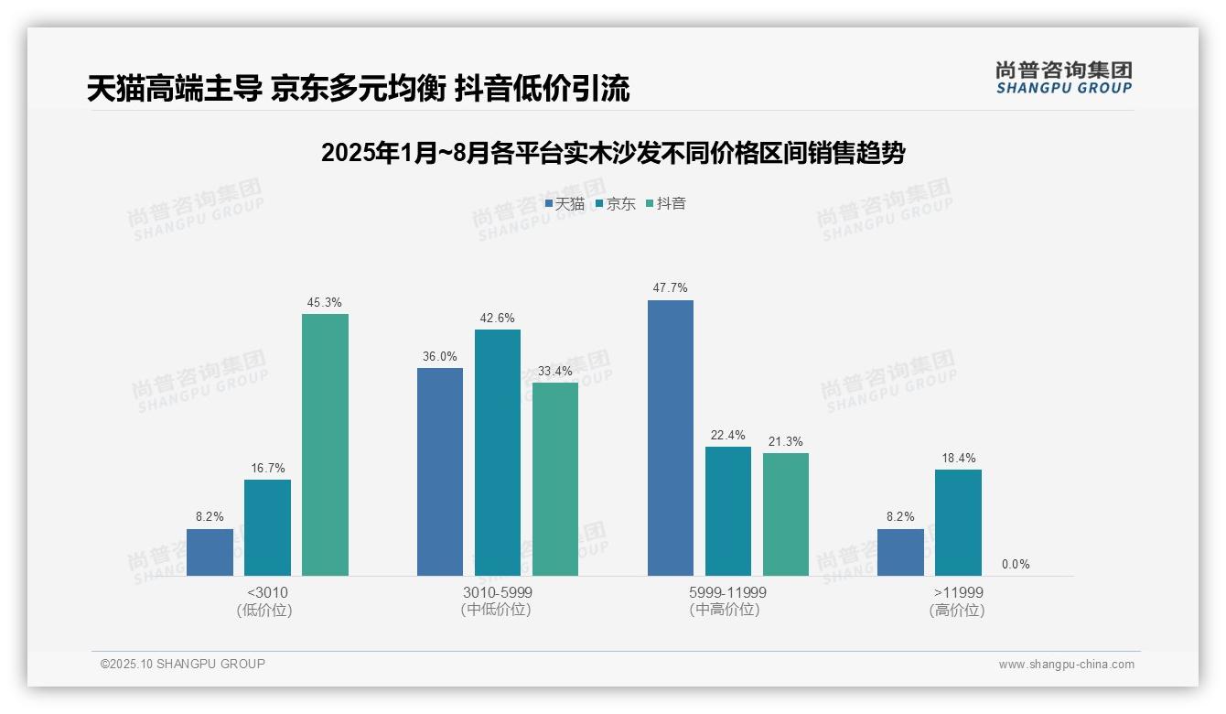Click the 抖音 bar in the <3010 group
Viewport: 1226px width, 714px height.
tap(325, 445)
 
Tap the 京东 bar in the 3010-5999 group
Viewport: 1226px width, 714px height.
tap(497, 452)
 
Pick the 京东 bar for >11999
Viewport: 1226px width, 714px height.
tap(958, 523)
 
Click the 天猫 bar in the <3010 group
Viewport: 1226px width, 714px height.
tap(210, 552)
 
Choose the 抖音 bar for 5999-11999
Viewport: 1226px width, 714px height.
tap(785, 514)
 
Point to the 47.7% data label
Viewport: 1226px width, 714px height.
tap(670, 287)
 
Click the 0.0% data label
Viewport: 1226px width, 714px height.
tap(1015, 564)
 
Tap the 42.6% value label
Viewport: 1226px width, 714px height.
tap(497, 318)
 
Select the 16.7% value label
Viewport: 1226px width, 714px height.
tap(267, 468)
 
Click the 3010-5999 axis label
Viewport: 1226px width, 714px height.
tap(497, 592)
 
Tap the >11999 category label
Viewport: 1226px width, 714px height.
tap(958, 592)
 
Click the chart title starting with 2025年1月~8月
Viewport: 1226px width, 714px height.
tap(612, 153)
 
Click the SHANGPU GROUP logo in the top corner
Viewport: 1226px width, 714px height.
tap(1063, 78)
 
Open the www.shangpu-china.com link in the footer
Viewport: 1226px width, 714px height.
tap(1066, 665)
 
